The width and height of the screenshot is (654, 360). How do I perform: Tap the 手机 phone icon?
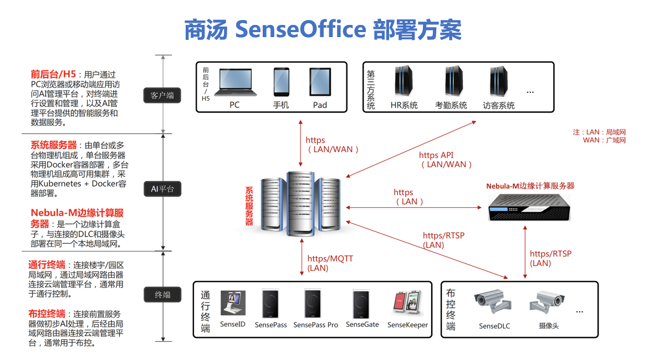click(281, 82)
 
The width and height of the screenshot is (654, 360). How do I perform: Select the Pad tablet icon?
click(320, 82)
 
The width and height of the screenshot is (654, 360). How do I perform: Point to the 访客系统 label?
click(499, 105)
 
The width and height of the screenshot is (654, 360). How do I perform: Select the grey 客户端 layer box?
click(162, 95)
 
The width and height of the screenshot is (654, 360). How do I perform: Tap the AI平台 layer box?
click(162, 189)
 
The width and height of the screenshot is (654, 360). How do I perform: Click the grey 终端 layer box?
click(162, 295)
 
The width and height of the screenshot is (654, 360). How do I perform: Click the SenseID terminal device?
click(233, 305)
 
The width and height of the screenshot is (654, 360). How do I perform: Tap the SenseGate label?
click(362, 325)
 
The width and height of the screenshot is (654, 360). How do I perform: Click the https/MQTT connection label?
click(330, 264)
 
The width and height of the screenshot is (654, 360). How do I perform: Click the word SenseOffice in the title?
click(301, 30)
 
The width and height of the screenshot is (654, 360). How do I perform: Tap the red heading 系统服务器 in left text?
click(53, 145)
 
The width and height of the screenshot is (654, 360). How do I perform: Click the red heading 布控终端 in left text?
click(47, 313)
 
